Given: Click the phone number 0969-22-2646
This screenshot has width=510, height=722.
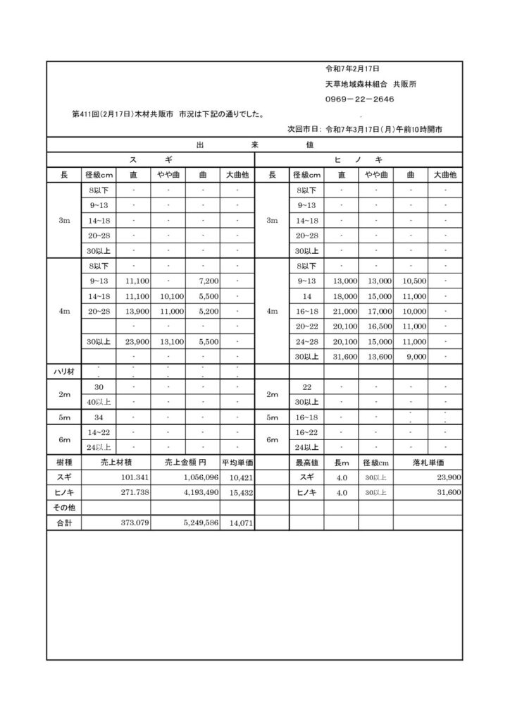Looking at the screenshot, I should (359, 99).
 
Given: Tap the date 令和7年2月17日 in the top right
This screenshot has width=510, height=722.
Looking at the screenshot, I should (352, 69).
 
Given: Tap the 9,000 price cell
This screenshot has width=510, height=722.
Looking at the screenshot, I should (416, 357).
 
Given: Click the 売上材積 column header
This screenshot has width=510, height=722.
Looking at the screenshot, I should (116, 462).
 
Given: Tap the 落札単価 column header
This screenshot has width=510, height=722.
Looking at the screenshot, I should (428, 462).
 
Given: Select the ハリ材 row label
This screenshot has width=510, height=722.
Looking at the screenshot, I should (64, 372).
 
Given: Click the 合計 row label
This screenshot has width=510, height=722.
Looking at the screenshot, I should (64, 522).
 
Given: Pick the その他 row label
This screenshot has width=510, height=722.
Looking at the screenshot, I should (64, 508).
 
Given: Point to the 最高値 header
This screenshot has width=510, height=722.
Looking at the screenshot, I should (307, 462).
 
